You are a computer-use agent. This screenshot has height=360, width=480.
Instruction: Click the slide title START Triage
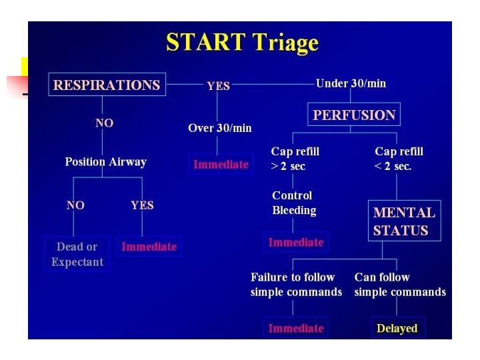pyautogui.click(x=242, y=43)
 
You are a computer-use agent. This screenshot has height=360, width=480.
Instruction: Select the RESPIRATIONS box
pyautogui.click(x=107, y=85)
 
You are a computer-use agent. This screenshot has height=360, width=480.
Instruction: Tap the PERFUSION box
pyautogui.click(x=354, y=115)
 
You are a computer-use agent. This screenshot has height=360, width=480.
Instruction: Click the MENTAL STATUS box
pyautogui.click(x=404, y=221)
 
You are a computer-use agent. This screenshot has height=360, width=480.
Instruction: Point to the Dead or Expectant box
pyautogui.click(x=77, y=254)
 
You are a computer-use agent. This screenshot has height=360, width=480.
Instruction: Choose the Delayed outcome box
pyautogui.click(x=397, y=328)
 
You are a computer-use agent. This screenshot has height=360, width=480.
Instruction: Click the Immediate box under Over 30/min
pyautogui.click(x=221, y=164)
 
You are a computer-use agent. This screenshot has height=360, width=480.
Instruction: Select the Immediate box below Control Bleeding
pyautogui.click(x=296, y=242)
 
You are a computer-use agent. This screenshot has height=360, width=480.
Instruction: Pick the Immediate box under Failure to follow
pyautogui.click(x=295, y=328)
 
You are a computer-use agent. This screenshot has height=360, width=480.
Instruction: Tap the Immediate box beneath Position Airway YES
pyautogui.click(x=149, y=247)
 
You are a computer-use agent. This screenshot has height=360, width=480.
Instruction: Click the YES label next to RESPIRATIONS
pyautogui.click(x=218, y=86)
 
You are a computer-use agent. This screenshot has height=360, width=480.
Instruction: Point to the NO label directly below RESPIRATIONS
pyautogui.click(x=104, y=123)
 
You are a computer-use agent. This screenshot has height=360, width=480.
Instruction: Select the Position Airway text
pyautogui.click(x=105, y=162)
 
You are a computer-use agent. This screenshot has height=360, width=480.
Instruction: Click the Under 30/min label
pyautogui.click(x=351, y=83)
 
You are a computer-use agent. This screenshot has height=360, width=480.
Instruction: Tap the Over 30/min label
pyautogui.click(x=220, y=127)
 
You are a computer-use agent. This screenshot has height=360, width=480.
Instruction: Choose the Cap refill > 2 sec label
pyautogui.click(x=295, y=159)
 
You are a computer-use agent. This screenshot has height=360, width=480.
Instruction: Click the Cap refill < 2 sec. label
pyautogui.click(x=399, y=159)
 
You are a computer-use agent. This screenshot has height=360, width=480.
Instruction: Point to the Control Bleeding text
pyautogui.click(x=294, y=203)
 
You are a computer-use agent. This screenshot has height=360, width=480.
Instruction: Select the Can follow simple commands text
pyautogui.click(x=400, y=285)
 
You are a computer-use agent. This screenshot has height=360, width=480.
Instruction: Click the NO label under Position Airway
pyautogui.click(x=75, y=205)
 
